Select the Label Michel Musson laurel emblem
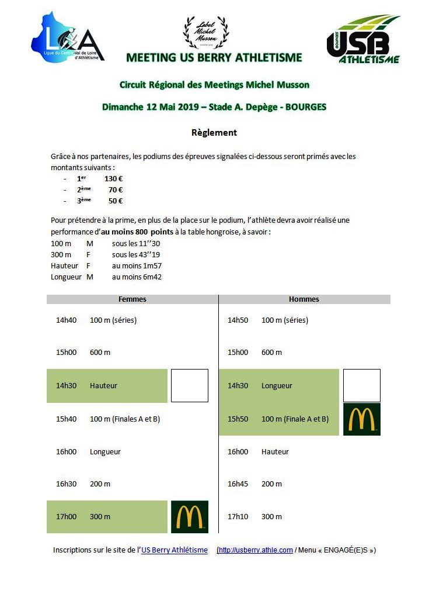[x=205, y=33]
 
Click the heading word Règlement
[x=214, y=133]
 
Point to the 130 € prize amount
[x=113, y=179]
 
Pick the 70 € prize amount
[x=116, y=190]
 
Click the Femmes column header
[x=132, y=299]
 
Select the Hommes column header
[x=304, y=299]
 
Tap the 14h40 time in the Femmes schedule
[x=66, y=320]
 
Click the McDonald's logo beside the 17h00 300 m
[x=189, y=517]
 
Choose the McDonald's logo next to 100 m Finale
[x=362, y=419]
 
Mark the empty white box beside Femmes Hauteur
[x=189, y=386]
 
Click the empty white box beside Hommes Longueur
[x=362, y=386]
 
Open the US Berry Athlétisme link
[x=175, y=550]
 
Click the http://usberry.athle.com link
[x=256, y=550]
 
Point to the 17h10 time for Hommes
[x=238, y=517]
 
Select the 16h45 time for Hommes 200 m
[x=238, y=484]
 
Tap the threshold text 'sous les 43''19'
[x=136, y=255]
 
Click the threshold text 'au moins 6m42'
[x=137, y=277]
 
